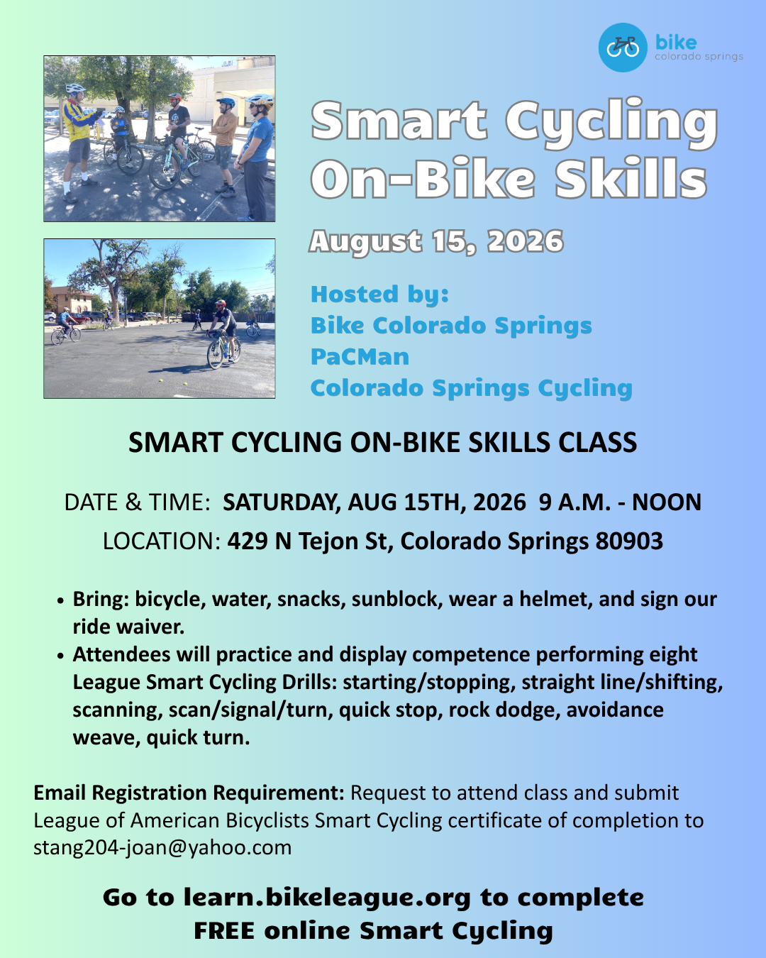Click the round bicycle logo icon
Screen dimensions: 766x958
coord(622,47)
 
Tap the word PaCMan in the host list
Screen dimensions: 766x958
coord(360,356)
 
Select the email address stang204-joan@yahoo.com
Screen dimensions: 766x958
coord(162,847)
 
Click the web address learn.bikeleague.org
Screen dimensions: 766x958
coord(327,898)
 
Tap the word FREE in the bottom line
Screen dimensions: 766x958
coord(224,930)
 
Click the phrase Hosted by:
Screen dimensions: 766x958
coord(379,294)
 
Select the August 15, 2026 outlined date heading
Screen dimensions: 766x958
coord(436,242)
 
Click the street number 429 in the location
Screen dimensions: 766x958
coord(248,541)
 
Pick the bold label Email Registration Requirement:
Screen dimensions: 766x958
coord(189,793)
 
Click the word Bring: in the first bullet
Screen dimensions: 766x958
coord(101,599)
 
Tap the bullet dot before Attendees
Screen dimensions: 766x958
coord(61,656)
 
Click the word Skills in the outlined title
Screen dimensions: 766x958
coord(631,178)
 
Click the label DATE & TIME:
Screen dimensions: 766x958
coord(137,502)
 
